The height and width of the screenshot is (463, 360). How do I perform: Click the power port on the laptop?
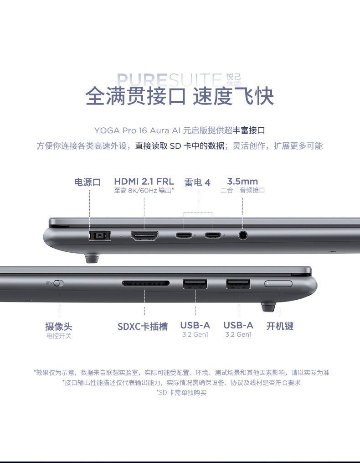[x=100, y=236]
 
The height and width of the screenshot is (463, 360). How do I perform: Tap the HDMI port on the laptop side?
[x=144, y=236]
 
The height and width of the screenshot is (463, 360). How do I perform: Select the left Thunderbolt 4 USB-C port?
[x=184, y=235]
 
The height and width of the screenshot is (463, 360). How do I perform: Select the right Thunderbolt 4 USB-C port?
[x=213, y=235]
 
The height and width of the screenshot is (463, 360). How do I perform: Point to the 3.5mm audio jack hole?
[x=243, y=235]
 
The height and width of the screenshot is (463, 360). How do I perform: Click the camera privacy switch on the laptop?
[x=58, y=283]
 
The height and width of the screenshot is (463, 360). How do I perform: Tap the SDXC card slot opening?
[x=146, y=283]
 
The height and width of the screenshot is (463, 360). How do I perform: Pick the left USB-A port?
[x=195, y=284]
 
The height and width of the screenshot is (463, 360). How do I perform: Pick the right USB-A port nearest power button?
[x=238, y=284]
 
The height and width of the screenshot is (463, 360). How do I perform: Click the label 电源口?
[x=87, y=182]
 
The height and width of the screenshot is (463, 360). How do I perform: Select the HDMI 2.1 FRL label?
[x=144, y=181]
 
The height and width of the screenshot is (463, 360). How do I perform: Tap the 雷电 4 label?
[x=197, y=182]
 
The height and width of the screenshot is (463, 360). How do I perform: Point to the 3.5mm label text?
[x=242, y=181]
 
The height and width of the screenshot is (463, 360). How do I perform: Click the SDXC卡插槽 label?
[x=143, y=327]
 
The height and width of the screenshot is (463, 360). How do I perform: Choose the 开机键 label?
[x=280, y=326]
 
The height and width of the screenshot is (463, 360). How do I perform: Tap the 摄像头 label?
[x=59, y=327]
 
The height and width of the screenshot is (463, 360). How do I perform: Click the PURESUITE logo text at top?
[x=170, y=80]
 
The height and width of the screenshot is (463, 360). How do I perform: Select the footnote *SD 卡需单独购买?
[x=181, y=393]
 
